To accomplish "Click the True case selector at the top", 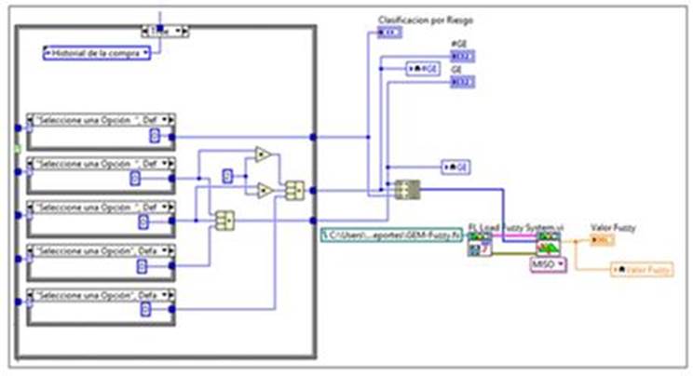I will click(164, 31).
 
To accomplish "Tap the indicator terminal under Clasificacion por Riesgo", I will click(389, 34).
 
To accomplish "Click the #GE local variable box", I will click(423, 68).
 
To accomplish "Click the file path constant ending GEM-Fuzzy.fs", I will click(391, 235).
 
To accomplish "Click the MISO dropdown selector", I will click(548, 265).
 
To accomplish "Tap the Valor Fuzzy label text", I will click(614, 226).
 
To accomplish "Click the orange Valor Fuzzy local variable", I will click(642, 269).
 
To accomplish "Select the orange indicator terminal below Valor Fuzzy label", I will click(605, 240).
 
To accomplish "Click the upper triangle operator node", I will click(264, 154).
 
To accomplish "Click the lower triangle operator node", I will click(264, 191).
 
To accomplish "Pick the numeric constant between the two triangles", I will click(227, 174).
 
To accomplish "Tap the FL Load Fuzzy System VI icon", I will click(479, 245).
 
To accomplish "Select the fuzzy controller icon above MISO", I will click(547, 245).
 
